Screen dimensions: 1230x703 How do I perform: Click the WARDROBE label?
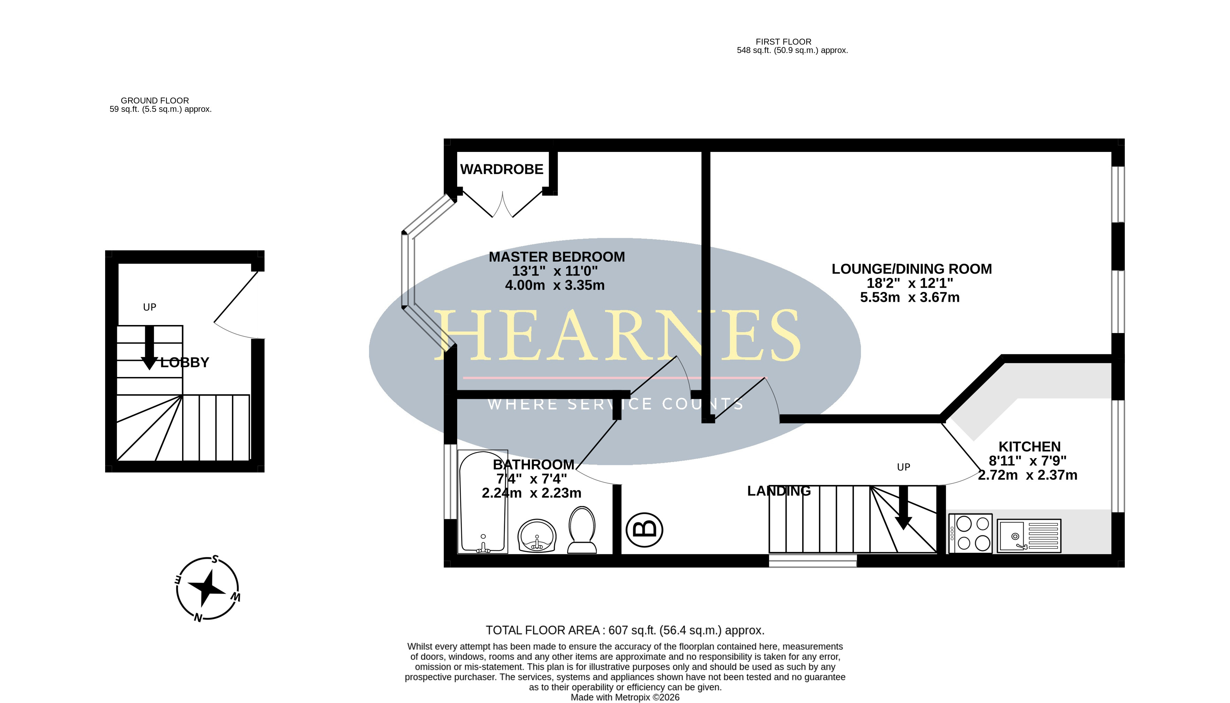501,169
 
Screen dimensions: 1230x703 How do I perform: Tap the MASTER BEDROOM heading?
556,257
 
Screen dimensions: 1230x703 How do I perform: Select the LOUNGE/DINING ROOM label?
911,269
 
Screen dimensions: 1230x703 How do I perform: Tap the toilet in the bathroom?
582,530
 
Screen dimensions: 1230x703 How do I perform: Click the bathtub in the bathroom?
483,502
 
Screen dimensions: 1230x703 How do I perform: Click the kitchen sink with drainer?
1029,535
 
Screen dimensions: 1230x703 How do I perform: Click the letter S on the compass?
215,559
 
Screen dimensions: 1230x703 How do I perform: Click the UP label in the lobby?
150,307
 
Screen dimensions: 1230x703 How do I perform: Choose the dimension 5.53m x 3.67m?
910,298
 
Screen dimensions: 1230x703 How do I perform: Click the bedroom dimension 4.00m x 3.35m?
555,285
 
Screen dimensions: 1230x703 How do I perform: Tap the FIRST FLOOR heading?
783,42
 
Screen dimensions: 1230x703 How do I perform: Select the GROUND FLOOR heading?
155,100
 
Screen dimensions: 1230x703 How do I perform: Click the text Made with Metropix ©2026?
625,697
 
